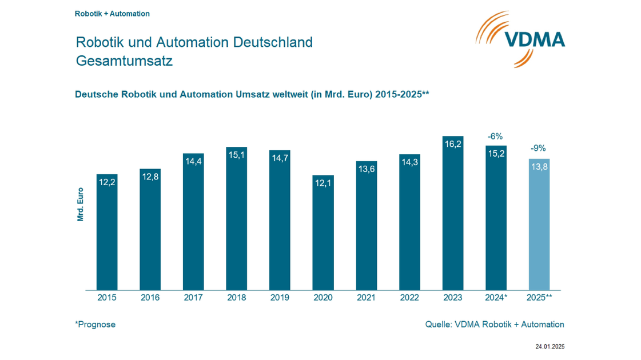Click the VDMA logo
(x=520, y=38)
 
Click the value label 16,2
(x=452, y=145)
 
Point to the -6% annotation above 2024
(x=495, y=137)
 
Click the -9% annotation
(x=538, y=149)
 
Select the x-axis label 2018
(x=236, y=298)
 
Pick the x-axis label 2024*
(x=496, y=298)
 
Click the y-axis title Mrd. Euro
(x=80, y=205)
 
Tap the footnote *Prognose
(x=95, y=325)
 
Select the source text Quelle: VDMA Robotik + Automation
(x=494, y=325)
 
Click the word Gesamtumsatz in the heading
(x=124, y=61)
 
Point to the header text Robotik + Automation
(x=112, y=13)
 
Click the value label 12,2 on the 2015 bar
(x=107, y=182)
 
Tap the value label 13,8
(x=539, y=167)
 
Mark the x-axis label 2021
(x=366, y=298)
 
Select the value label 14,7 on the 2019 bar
(x=280, y=158)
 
